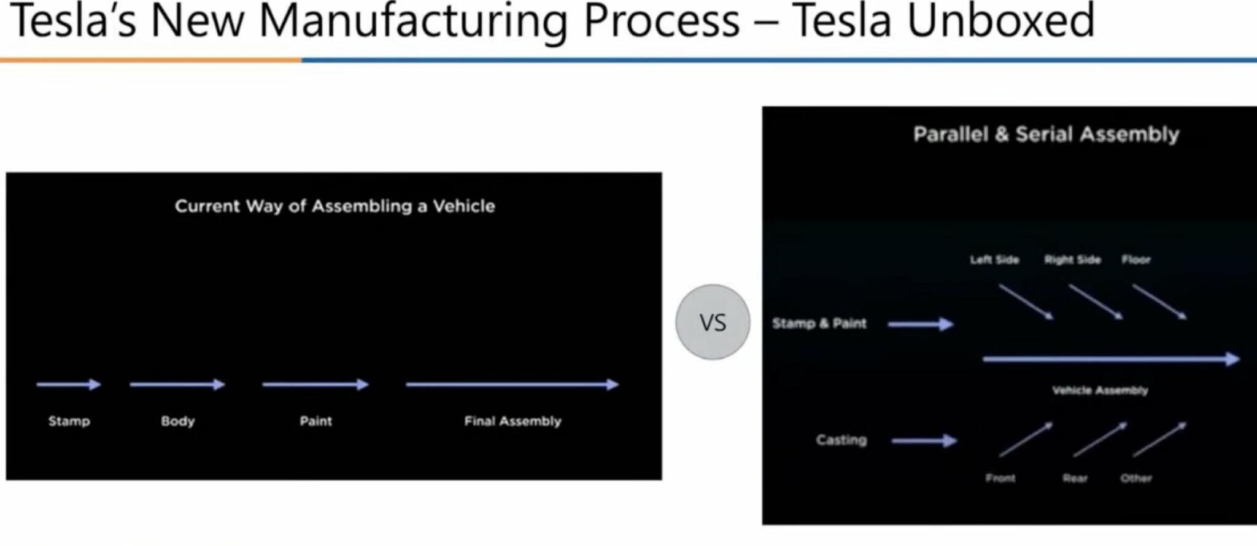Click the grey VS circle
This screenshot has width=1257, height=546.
pos(713,322)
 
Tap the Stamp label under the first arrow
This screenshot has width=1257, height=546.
pos(69,421)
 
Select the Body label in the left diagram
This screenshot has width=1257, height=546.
pos(178,421)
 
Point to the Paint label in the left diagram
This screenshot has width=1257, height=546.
pos(315,421)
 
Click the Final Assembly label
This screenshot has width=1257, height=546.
pos(512,421)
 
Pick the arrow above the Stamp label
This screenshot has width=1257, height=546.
pos(69,385)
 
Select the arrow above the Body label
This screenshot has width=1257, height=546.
pos(177,385)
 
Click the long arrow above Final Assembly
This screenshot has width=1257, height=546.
pos(512,385)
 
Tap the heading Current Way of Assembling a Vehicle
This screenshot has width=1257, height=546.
pos(335,206)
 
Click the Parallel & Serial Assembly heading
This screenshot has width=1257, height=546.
pos(1046,135)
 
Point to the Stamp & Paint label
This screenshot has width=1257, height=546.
pos(819,324)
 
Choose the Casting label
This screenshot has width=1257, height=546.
pos(841,440)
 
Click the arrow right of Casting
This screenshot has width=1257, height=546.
pos(924,440)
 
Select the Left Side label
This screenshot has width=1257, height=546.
pos(994,260)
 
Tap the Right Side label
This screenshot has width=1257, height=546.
pos(1072,260)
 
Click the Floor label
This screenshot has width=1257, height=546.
pos(1136,260)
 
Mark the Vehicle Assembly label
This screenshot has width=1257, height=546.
pos(1100,390)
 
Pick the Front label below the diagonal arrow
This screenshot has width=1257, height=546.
pos(1000,478)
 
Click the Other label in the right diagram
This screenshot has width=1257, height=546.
pos(1136,478)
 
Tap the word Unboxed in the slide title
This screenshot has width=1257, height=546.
pos(1000,21)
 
